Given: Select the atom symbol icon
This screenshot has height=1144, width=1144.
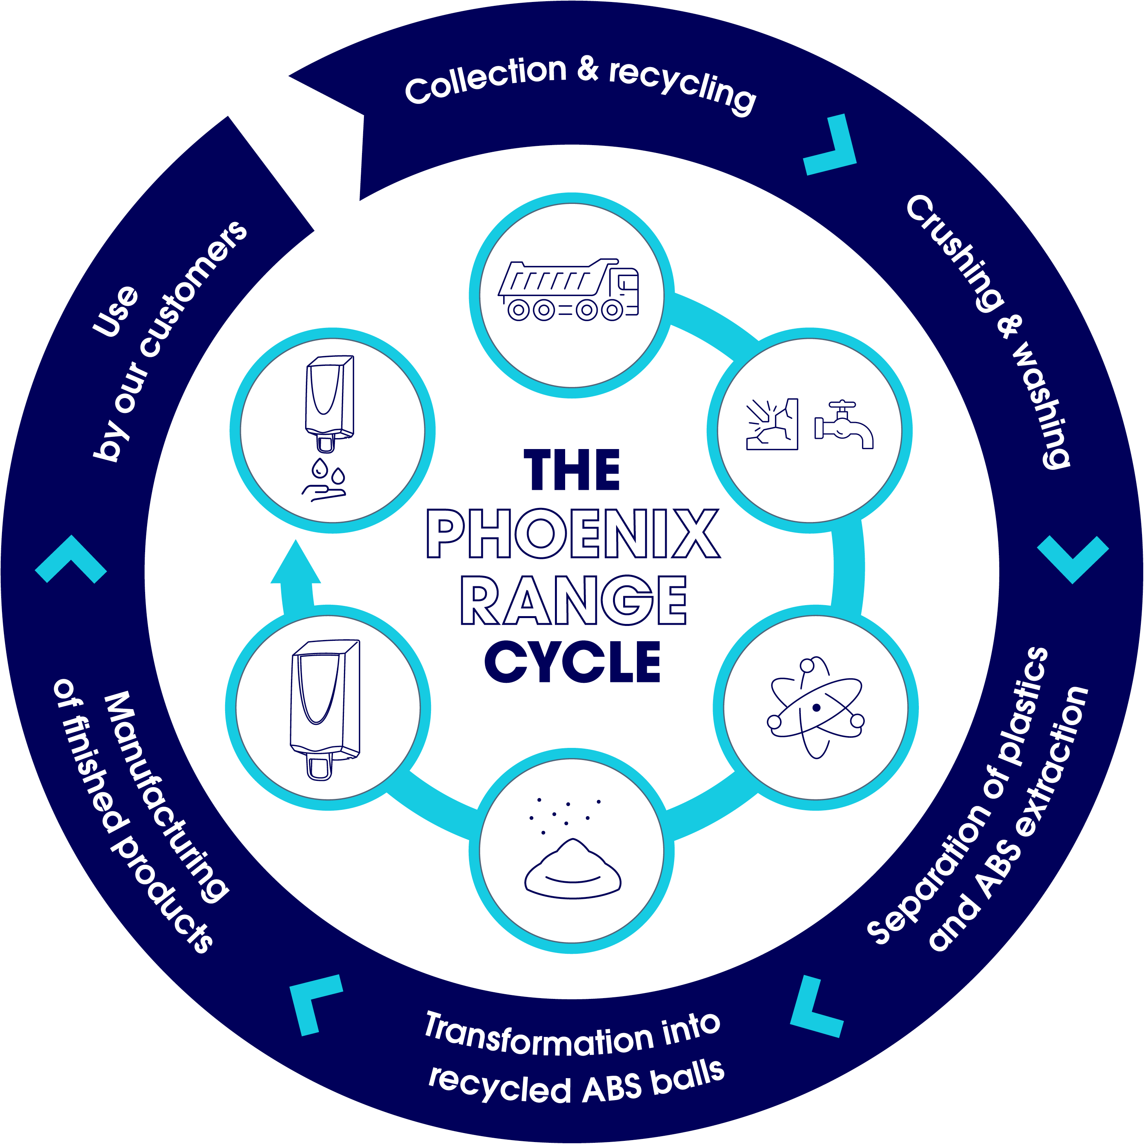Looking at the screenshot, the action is coord(816,707).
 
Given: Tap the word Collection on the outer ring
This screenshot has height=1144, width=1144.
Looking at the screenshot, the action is coord(486,80).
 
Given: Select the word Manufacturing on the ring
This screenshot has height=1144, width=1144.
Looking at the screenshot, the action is coord(166,797).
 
